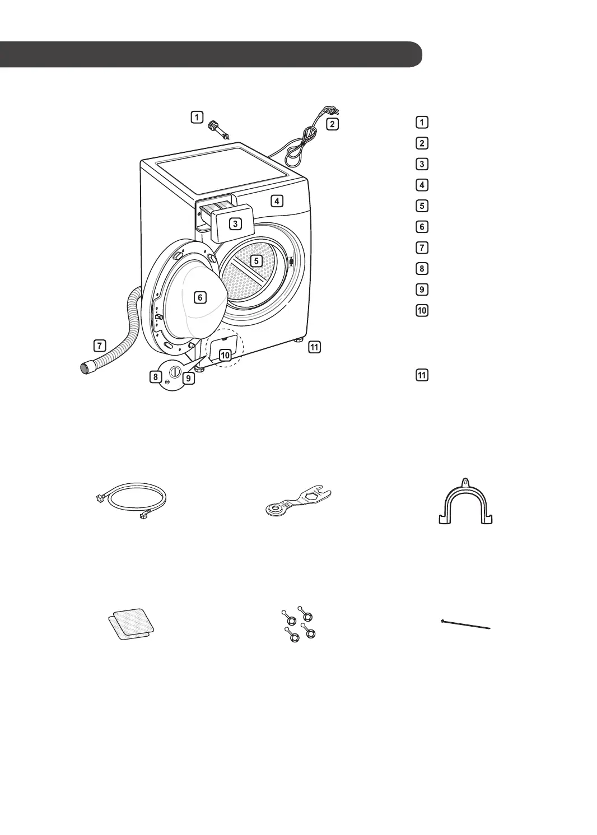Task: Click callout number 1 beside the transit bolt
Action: [x=196, y=117]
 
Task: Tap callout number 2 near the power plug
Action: [x=332, y=124]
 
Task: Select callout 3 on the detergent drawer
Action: [x=236, y=223]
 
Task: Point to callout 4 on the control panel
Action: [x=277, y=200]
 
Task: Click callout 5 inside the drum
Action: [x=256, y=260]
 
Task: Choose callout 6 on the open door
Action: [x=200, y=297]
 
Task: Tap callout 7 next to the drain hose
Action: [x=100, y=345]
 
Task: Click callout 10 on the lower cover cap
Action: [x=225, y=355]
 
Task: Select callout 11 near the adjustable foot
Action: [x=314, y=347]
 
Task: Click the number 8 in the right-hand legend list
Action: [x=422, y=268]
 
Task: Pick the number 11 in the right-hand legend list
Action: [x=422, y=375]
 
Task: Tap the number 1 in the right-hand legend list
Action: [x=422, y=122]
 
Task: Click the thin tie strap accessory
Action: [x=466, y=624]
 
